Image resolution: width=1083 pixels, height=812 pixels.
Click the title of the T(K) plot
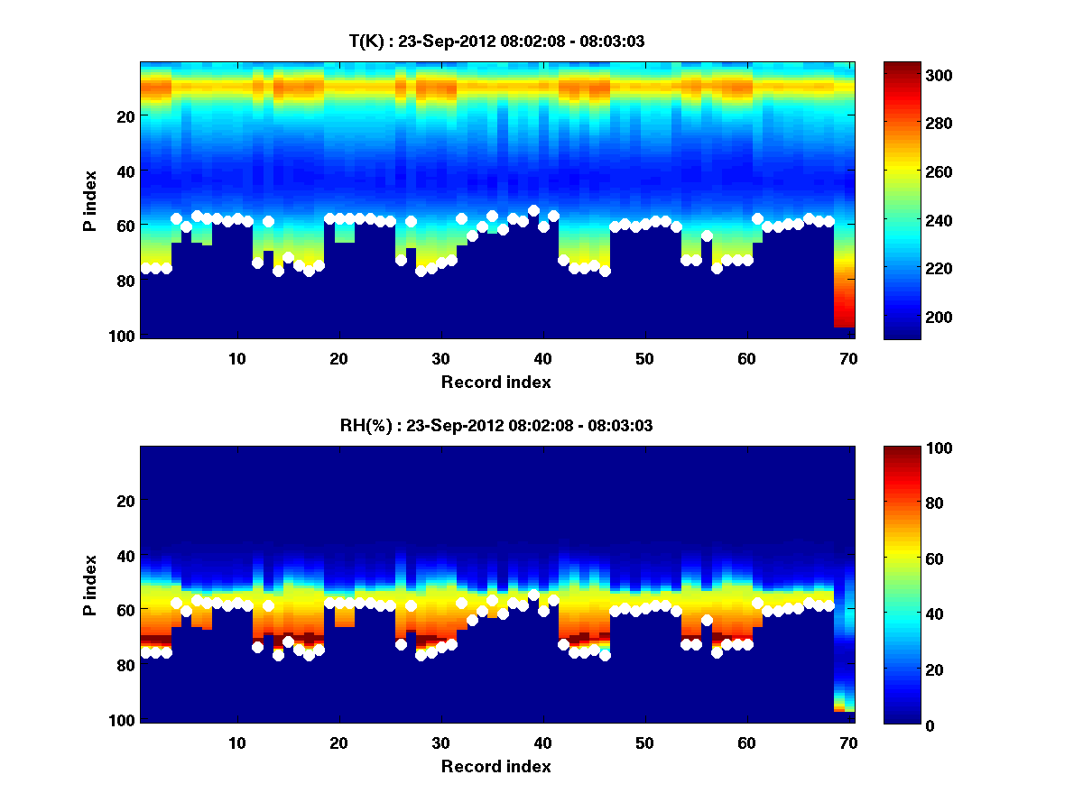coord(496,41)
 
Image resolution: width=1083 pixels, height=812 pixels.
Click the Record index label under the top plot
coord(495,382)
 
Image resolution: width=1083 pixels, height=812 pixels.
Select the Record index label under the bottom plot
coord(495,766)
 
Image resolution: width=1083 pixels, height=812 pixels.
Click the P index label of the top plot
coord(89,200)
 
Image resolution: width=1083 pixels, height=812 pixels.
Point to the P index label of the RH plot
coord(89,585)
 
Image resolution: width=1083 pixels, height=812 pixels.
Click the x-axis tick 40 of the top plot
coord(542,358)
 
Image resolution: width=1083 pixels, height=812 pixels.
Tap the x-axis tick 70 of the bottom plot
coord(848,743)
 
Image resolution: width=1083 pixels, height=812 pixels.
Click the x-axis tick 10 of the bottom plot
coord(236,743)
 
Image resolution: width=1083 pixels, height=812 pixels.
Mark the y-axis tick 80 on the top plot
coord(124,281)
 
